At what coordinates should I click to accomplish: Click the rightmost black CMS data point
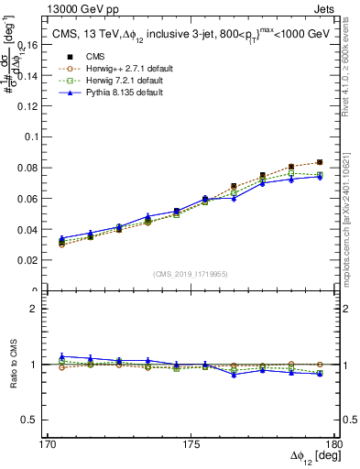[319, 162]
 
